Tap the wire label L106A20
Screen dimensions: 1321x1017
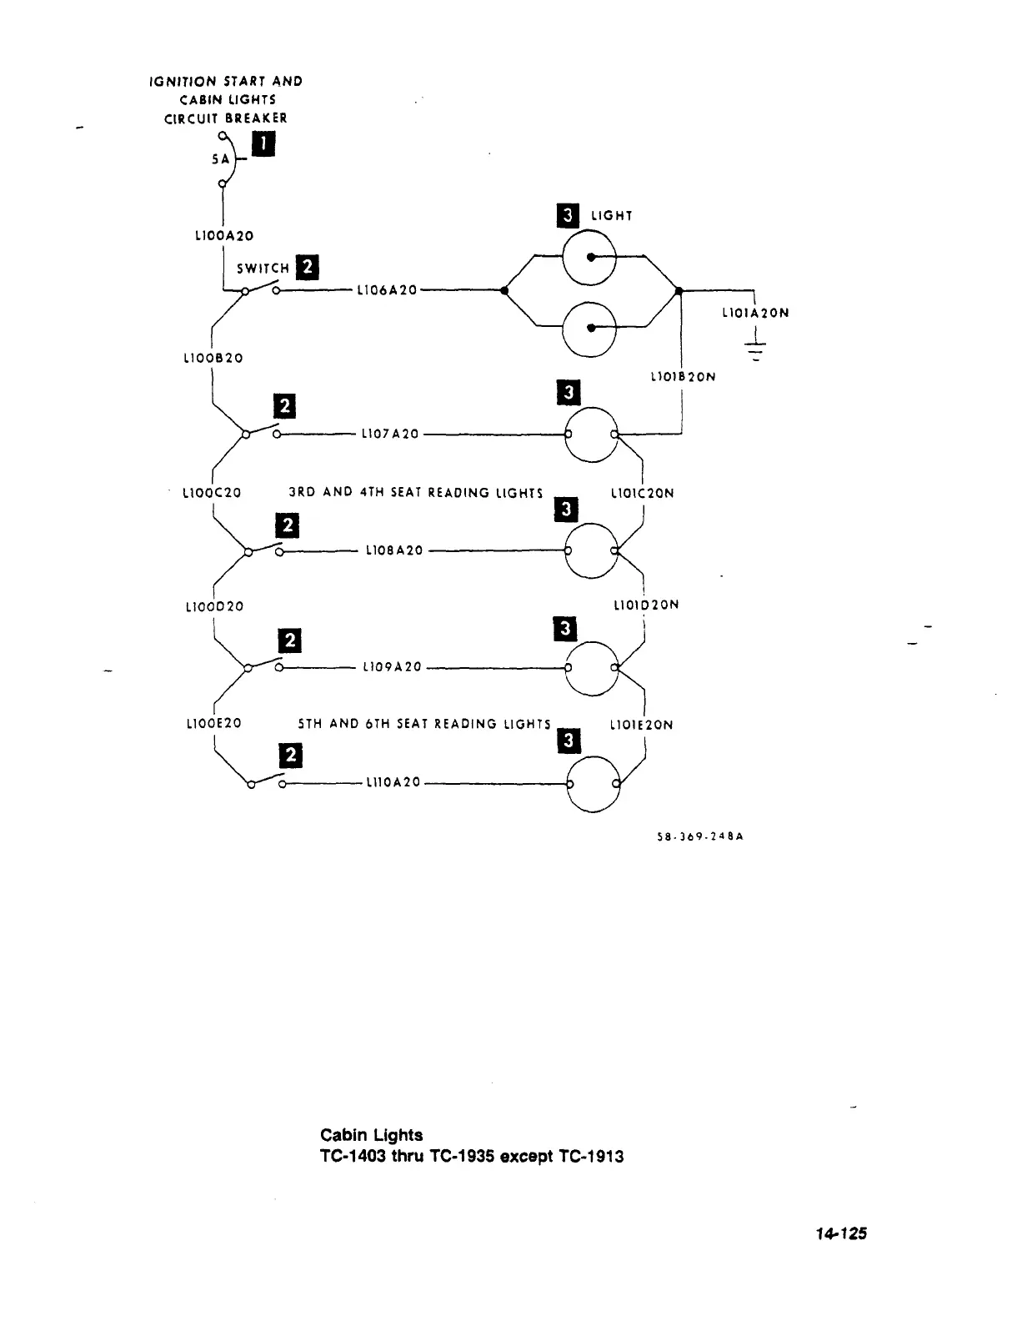tap(386, 290)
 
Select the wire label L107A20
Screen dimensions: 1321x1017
tap(390, 434)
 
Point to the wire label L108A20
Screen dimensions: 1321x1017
tap(394, 550)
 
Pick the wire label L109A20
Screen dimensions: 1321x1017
tap(392, 667)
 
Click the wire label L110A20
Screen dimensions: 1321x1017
tap(393, 782)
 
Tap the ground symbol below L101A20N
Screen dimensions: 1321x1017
tap(756, 348)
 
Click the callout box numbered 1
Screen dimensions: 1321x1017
tap(263, 145)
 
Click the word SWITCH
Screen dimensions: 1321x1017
tap(263, 269)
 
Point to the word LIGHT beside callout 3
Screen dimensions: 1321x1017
tap(612, 216)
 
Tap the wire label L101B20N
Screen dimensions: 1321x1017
tap(683, 376)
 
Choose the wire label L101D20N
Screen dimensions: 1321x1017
tap(646, 605)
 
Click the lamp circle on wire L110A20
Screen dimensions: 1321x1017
tap(593, 783)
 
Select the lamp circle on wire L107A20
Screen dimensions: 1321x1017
tap(591, 434)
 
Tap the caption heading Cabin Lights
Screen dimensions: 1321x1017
tap(371, 1135)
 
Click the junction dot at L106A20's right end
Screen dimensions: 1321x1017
tap(504, 290)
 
